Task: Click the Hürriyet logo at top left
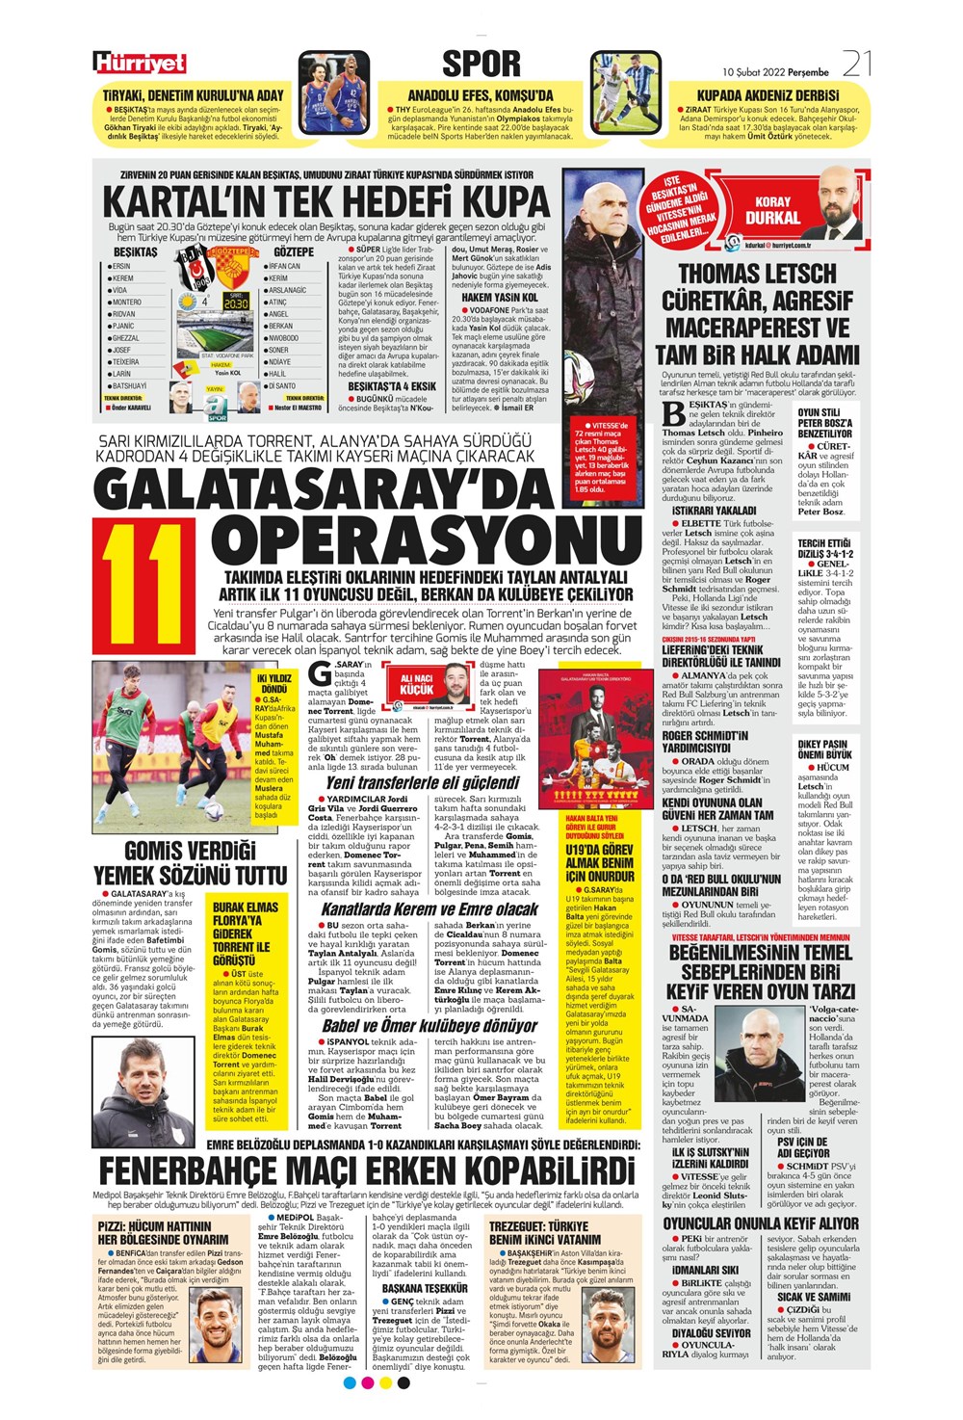(x=141, y=64)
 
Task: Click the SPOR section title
(x=481, y=64)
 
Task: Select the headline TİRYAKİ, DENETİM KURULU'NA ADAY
(x=194, y=95)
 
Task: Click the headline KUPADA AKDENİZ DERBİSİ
(x=768, y=95)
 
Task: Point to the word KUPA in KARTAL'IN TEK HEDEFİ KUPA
(x=507, y=201)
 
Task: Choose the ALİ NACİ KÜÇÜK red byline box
(x=417, y=685)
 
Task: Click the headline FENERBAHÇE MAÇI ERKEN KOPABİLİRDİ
(x=367, y=1170)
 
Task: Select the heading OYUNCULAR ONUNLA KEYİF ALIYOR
(x=761, y=1223)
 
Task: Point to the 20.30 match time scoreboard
(x=236, y=302)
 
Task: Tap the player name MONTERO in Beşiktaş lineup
(x=126, y=302)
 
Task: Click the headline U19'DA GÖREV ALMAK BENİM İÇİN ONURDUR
(x=599, y=864)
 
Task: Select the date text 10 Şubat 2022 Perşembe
(x=775, y=72)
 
